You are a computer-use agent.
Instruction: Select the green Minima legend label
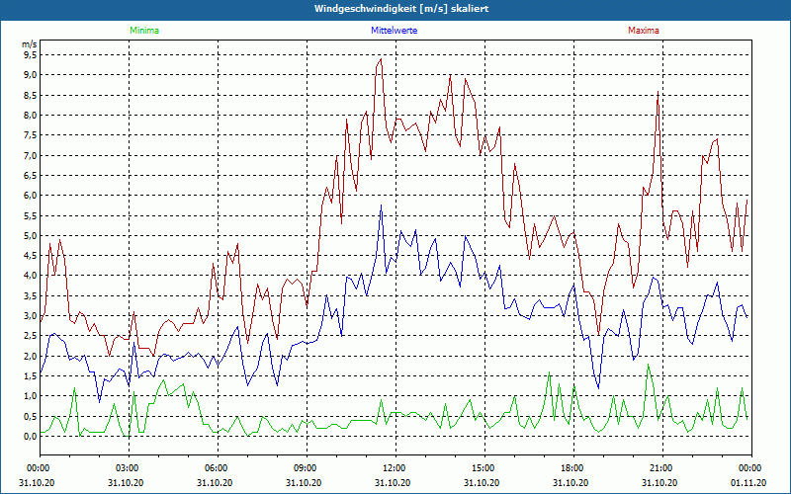click(x=143, y=31)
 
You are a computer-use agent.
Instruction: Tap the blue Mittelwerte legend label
click(x=394, y=31)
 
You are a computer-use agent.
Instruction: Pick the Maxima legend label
click(x=643, y=31)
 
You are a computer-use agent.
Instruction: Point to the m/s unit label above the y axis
click(x=29, y=44)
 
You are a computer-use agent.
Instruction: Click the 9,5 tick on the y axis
click(x=29, y=55)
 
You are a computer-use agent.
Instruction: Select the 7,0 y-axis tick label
click(x=29, y=156)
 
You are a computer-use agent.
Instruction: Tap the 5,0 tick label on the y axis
click(x=29, y=236)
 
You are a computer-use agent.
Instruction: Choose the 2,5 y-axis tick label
click(x=29, y=337)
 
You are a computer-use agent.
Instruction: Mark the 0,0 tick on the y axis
click(x=29, y=437)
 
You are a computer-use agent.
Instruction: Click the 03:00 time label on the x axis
click(x=128, y=467)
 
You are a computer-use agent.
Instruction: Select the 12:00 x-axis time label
click(x=395, y=467)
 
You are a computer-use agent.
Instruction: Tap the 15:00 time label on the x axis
click(x=483, y=467)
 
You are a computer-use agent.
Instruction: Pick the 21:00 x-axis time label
click(x=661, y=467)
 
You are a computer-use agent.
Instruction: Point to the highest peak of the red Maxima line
click(x=381, y=59)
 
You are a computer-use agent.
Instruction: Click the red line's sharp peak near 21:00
click(x=658, y=94)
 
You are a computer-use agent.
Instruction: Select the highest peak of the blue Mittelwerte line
click(x=381, y=206)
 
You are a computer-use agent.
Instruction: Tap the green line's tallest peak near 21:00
click(x=649, y=366)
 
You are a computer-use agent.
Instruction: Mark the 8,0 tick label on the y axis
click(x=29, y=116)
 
